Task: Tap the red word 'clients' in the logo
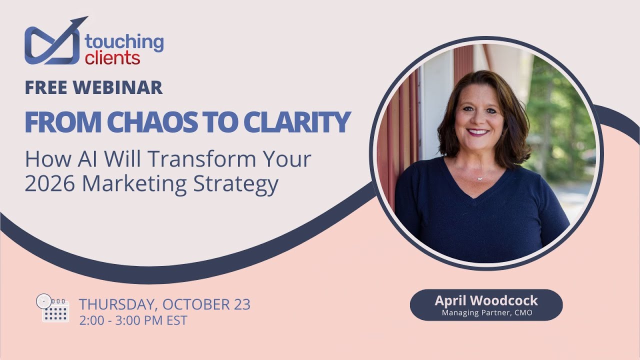click(x=112, y=58)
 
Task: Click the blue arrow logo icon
click(x=53, y=42)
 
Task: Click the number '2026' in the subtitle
click(x=50, y=184)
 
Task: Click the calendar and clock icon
click(x=52, y=307)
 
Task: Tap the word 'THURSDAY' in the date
click(x=117, y=304)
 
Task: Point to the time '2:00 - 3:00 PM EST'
click(x=133, y=320)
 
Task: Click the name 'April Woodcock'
click(x=486, y=300)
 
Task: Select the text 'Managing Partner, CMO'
click(x=486, y=313)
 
